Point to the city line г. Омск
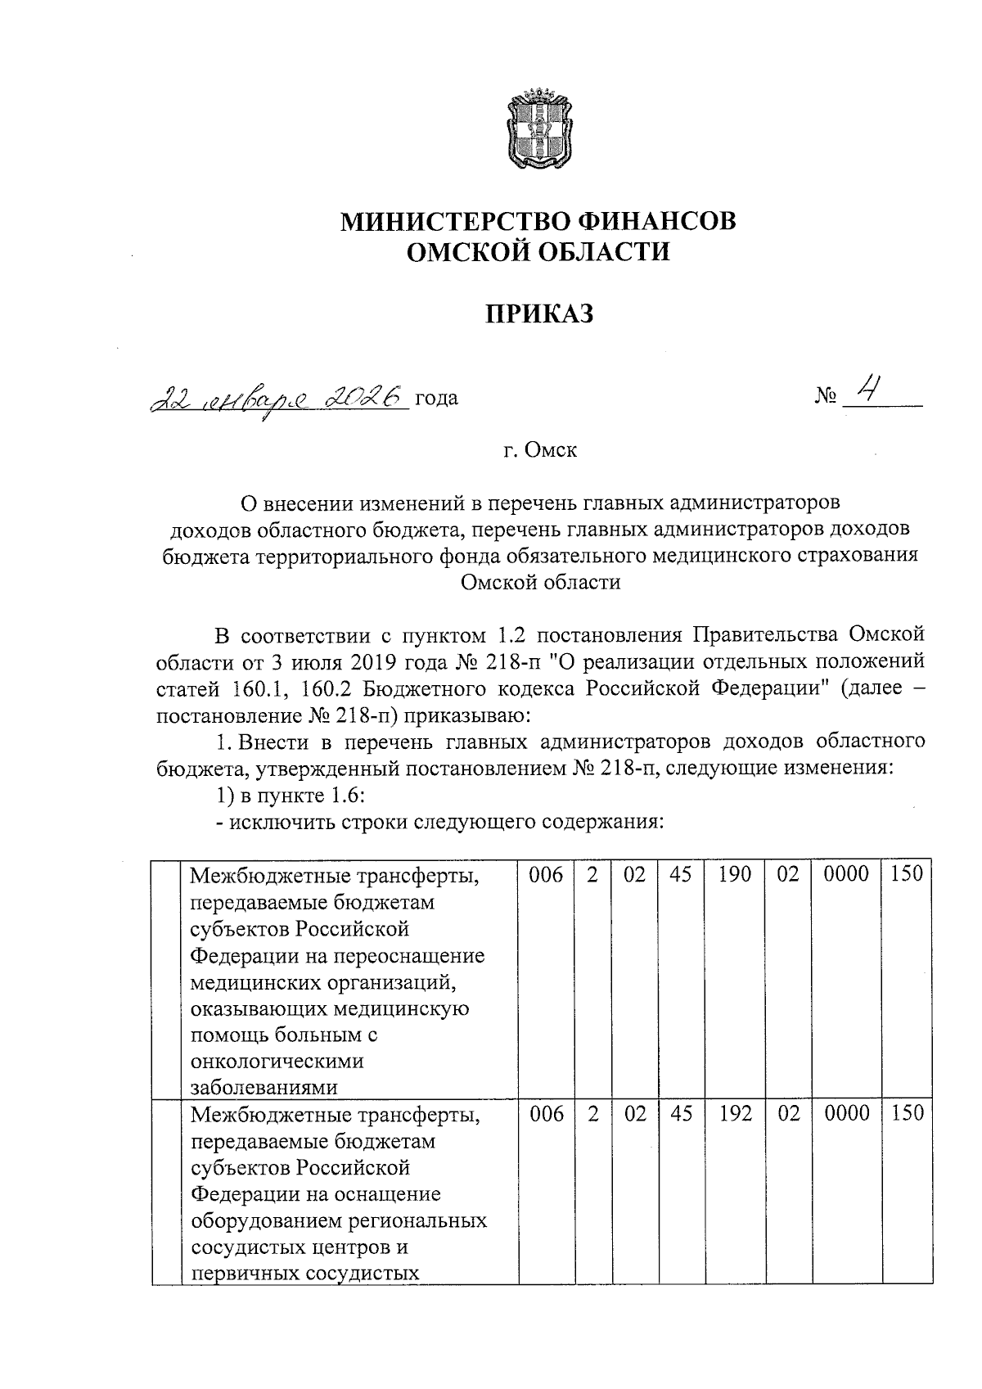539,450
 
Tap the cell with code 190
735,875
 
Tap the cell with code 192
735,1114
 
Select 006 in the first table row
547,875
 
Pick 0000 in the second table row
846,1114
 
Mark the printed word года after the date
436,399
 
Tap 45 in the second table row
680,1114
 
